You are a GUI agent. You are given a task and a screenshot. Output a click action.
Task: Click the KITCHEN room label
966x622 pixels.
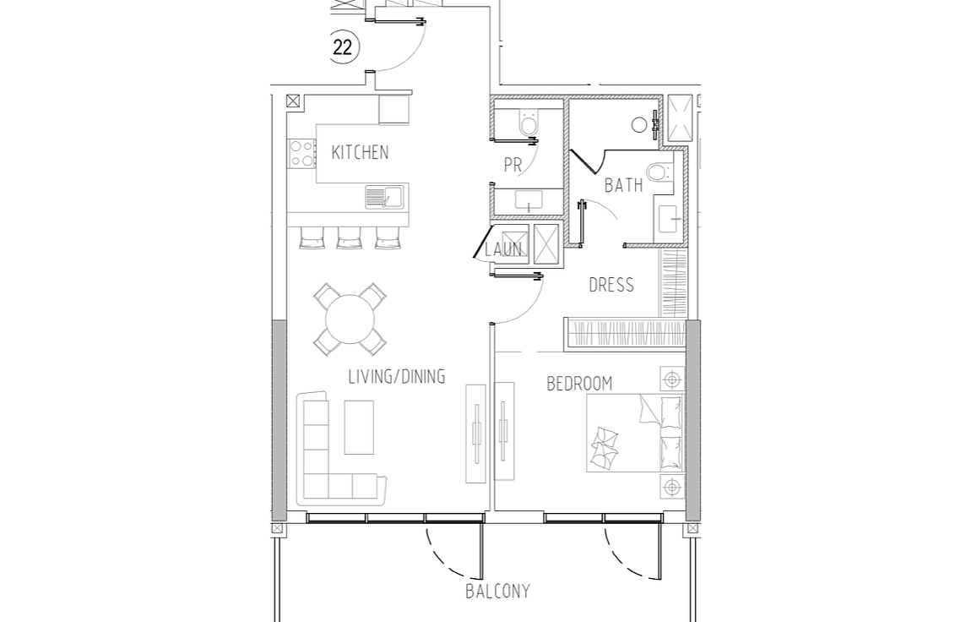(360, 152)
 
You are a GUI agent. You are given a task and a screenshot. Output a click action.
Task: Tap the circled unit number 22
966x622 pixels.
(343, 46)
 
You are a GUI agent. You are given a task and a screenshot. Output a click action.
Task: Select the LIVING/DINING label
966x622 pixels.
(397, 377)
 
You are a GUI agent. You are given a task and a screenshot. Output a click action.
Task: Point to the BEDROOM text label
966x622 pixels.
(580, 384)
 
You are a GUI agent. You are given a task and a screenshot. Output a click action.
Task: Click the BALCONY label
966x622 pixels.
(498, 592)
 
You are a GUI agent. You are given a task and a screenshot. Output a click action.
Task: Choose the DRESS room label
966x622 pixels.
(611, 285)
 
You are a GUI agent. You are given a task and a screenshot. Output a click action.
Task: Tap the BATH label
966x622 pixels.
(623, 185)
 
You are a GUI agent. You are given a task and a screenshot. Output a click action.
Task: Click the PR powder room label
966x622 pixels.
(513, 165)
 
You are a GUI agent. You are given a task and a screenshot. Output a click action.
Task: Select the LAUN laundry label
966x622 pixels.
(503, 249)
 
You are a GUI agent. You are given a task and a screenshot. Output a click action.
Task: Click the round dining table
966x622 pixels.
(350, 319)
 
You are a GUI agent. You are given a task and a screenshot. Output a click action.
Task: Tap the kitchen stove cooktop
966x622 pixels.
(301, 154)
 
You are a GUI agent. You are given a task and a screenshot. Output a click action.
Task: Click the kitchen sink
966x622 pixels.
(384, 197)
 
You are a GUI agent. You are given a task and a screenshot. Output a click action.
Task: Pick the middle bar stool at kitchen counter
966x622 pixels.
(350, 238)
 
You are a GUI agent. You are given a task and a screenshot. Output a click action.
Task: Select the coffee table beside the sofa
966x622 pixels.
(359, 427)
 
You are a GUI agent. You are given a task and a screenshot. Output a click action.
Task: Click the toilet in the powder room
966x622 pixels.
(528, 123)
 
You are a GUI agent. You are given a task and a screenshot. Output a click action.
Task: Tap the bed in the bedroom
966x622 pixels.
(635, 434)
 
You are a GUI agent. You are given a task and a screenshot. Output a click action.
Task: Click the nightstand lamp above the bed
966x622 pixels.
(672, 379)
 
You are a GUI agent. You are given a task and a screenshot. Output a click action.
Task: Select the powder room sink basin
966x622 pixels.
(528, 202)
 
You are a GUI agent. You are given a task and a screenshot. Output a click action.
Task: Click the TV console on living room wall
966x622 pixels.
(475, 434)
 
